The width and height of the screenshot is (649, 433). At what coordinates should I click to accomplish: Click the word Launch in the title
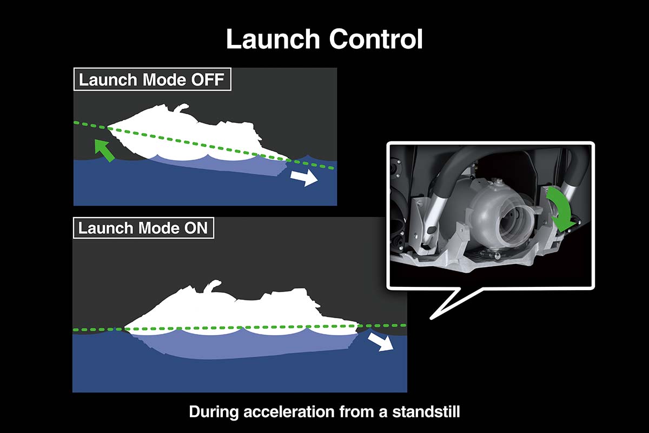273,39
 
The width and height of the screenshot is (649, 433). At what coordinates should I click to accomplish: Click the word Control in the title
376,39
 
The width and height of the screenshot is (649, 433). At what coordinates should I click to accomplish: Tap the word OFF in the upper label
208,80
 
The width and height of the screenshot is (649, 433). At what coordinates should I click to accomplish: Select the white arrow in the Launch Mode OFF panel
304,178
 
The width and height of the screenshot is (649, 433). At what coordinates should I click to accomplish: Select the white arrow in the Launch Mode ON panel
381,342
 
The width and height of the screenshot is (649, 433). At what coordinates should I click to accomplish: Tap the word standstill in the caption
426,412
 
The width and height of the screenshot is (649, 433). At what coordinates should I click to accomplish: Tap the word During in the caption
214,412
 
